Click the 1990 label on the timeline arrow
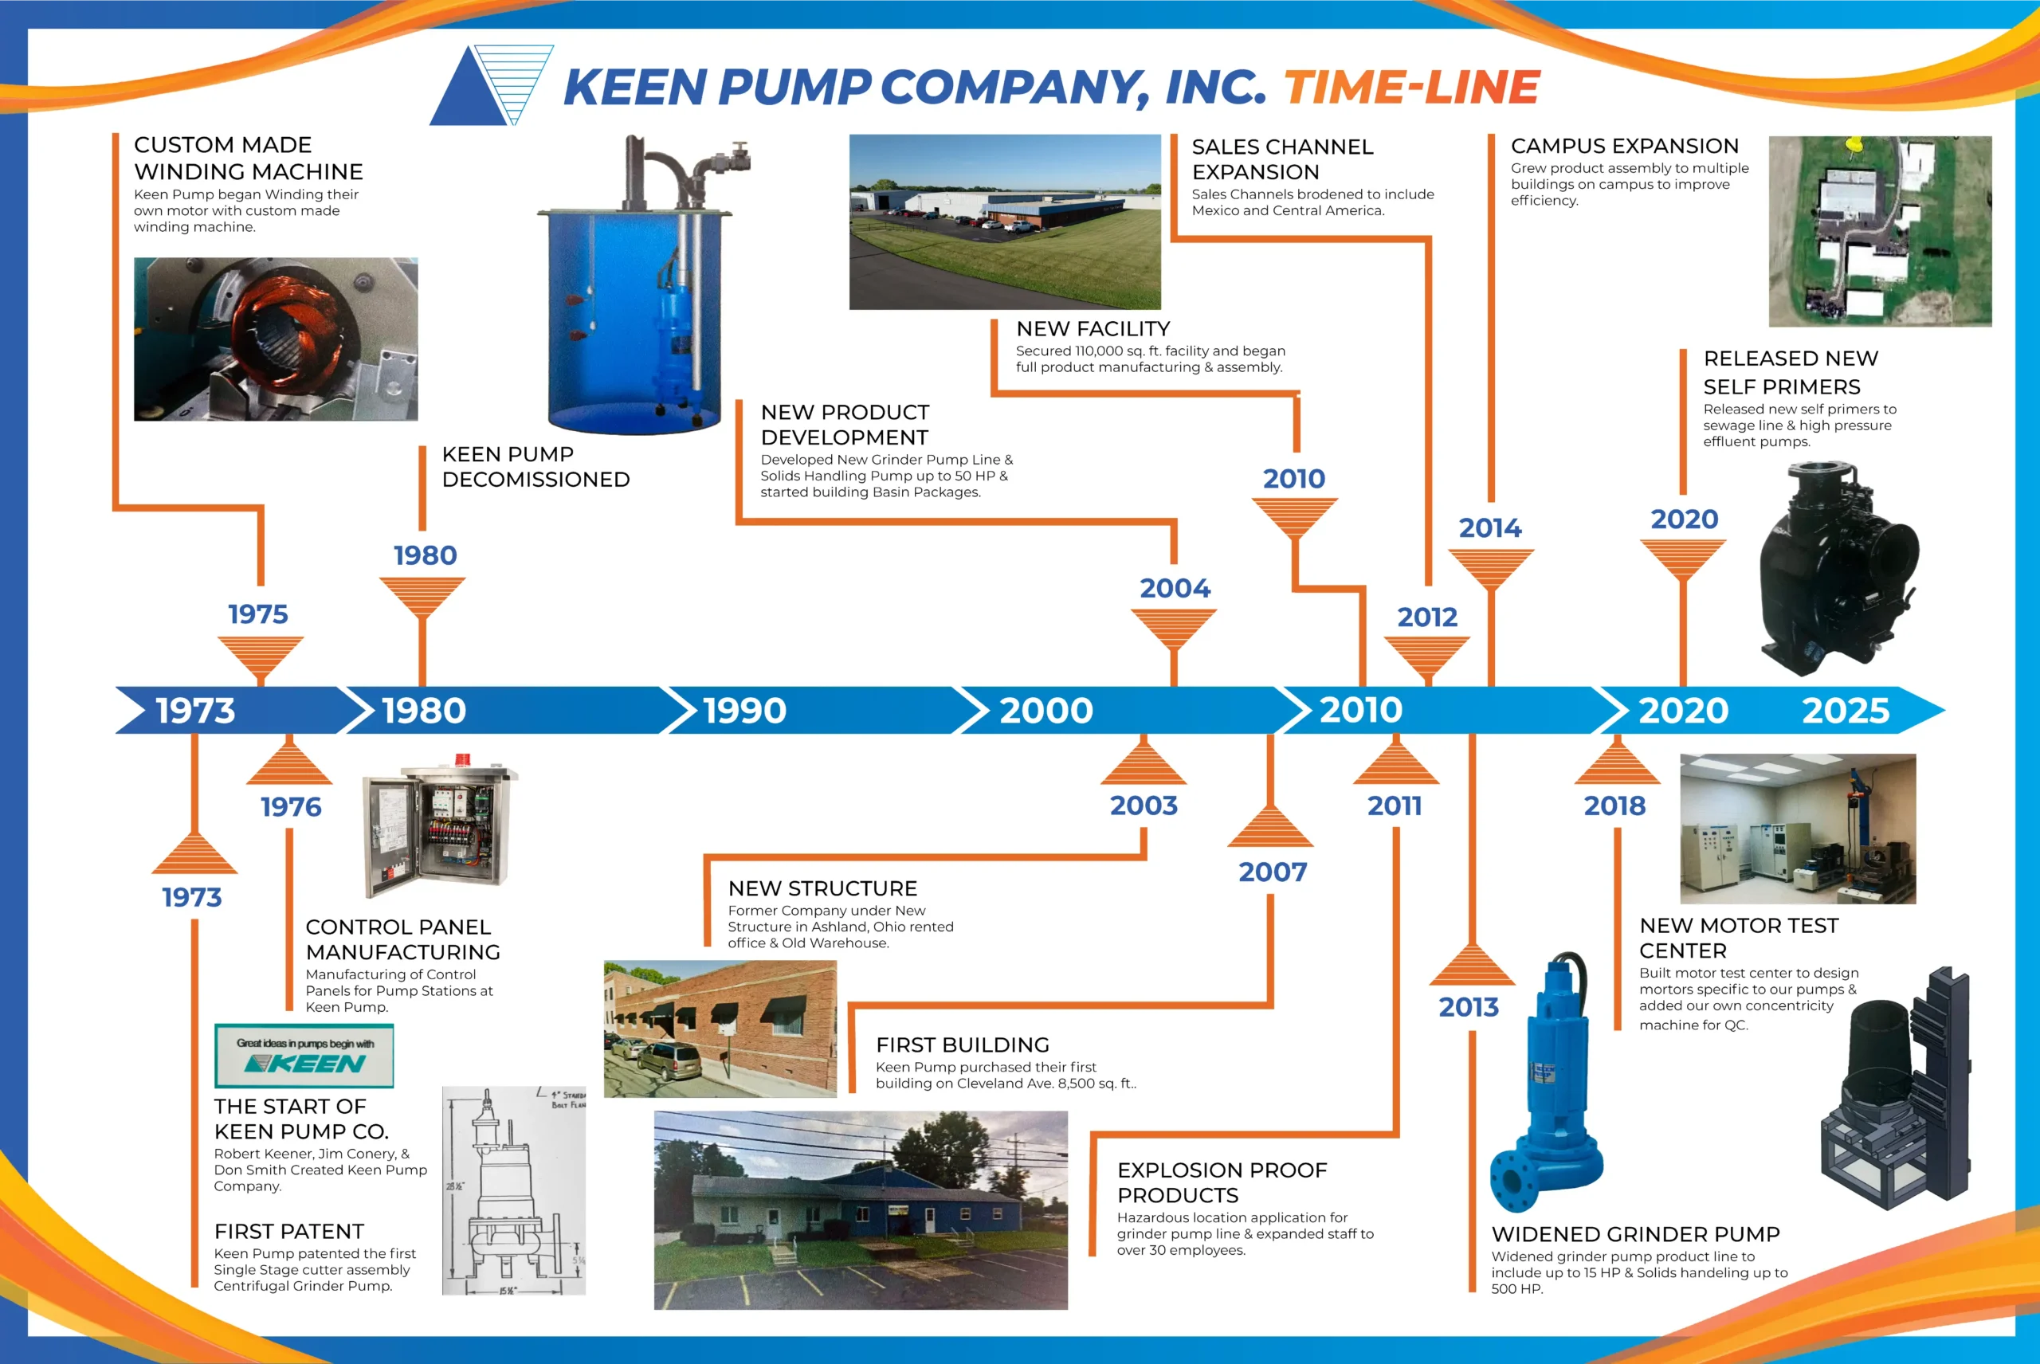pos(744,711)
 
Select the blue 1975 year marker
pos(257,614)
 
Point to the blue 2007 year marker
pos(1273,872)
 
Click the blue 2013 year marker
pos(1469,1007)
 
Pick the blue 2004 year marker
pos(1175,588)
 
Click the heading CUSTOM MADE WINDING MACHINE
pos(248,159)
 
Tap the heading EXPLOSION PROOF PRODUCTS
pos(1222,1182)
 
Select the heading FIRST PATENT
pos(288,1231)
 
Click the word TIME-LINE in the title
pos(1411,87)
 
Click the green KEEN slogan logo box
pos(304,1055)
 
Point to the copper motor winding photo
pos(275,339)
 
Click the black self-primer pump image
pos(1835,570)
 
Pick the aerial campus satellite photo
pos(1879,230)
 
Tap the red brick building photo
pos(720,1029)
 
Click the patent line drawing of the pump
pos(513,1190)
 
